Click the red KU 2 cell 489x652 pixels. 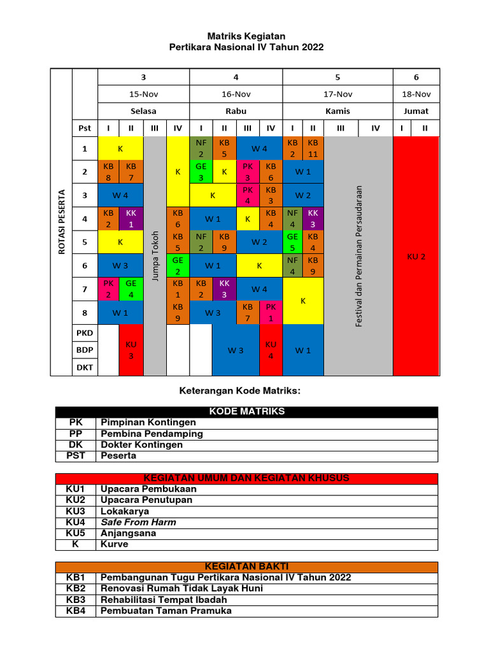click(x=416, y=256)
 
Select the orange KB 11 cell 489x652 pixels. click(x=313, y=148)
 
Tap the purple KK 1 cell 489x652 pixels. click(x=131, y=219)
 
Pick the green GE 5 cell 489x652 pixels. click(x=292, y=243)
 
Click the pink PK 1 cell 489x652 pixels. click(x=271, y=313)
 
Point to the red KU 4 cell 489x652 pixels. click(x=271, y=350)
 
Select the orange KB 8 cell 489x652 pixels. click(x=108, y=172)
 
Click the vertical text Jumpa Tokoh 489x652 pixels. click(x=155, y=255)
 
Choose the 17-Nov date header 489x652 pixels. click(x=337, y=94)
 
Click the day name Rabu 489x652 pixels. click(x=236, y=111)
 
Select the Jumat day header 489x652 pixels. click(x=416, y=111)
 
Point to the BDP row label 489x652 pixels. click(x=85, y=350)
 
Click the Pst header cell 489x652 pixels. click(x=85, y=128)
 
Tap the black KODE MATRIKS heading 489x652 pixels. click(x=246, y=411)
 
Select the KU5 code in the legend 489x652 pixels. click(x=75, y=533)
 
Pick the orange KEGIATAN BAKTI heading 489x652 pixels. click(x=246, y=566)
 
